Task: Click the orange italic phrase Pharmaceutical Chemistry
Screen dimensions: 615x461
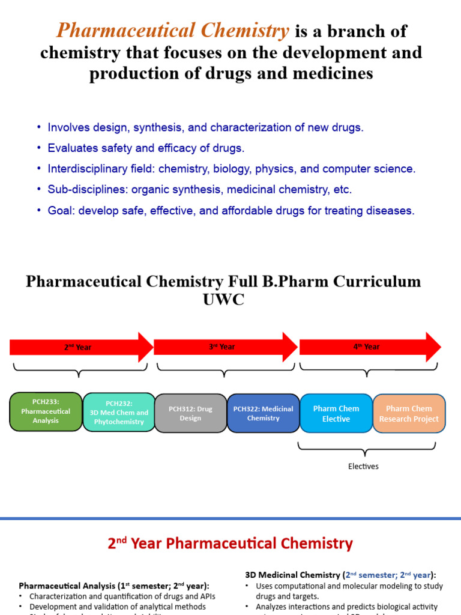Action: coord(173,31)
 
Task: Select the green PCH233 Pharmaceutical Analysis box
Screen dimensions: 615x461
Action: coord(46,412)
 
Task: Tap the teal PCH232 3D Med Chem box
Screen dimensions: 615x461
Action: coord(118,413)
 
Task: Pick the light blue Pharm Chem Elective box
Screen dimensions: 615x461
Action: coord(336,413)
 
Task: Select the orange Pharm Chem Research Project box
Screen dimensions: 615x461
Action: coord(409,413)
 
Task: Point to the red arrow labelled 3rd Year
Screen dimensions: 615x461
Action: coord(225,347)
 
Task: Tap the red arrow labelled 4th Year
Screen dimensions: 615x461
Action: coord(370,347)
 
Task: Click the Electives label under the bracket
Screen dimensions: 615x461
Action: coord(363,466)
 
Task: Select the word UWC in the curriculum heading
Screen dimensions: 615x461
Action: coord(223,300)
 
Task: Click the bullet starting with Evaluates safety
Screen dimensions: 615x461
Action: coord(146,148)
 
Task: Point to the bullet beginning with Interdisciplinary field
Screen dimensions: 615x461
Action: coord(231,169)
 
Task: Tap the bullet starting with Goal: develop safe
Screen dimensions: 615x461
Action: coord(231,211)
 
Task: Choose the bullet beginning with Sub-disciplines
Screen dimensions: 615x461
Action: coord(199,190)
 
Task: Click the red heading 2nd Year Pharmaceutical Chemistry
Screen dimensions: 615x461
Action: coord(230,544)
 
